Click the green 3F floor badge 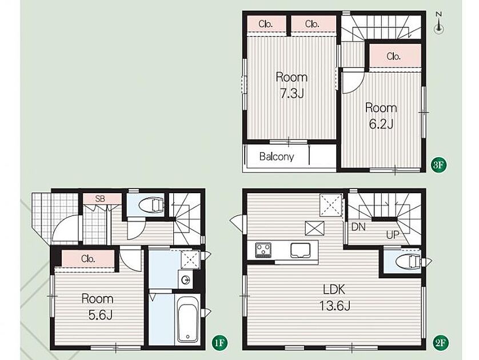click(438, 165)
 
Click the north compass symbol click(439, 23)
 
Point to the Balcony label click(277, 157)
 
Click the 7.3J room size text click(292, 94)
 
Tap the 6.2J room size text click(381, 124)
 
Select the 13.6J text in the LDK click(334, 305)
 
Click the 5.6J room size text click(101, 315)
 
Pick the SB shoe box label click(100, 199)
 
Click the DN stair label click(358, 227)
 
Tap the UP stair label click(393, 235)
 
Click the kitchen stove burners click(264, 250)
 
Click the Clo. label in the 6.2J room click(393, 57)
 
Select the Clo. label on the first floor click(88, 259)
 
